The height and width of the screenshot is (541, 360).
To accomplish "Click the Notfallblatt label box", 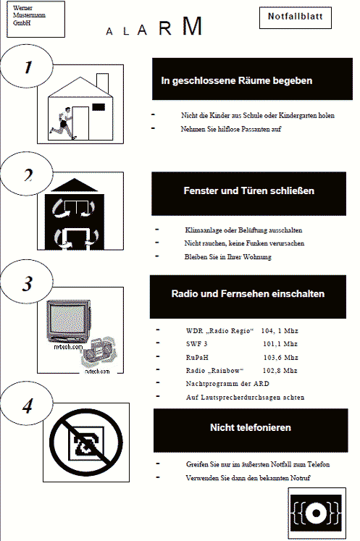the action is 295,17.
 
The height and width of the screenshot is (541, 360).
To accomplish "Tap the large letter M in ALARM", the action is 192,26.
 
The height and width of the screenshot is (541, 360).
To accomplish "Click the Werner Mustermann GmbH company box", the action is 36,19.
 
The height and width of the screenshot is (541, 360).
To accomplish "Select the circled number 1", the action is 27,66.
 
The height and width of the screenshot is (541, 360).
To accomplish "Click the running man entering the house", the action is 62,123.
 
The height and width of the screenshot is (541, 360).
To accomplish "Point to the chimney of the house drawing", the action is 103,83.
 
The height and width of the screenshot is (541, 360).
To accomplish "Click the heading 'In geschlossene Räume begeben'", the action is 236,80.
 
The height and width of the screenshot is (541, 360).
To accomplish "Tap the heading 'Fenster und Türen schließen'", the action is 249,190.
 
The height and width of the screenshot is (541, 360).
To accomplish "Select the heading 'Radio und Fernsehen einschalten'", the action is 248,294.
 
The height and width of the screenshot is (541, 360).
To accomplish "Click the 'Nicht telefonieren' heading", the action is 251,428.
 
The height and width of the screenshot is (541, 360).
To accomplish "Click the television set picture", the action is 69,321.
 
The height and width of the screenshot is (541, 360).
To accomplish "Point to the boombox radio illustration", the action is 99,353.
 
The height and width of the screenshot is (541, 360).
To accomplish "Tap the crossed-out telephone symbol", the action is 86,443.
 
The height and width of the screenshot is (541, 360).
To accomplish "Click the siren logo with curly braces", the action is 316,513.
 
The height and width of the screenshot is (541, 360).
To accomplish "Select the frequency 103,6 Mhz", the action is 280,358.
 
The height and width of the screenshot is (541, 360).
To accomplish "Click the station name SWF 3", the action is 197,344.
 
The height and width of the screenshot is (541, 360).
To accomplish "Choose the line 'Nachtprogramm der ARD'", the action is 227,384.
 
